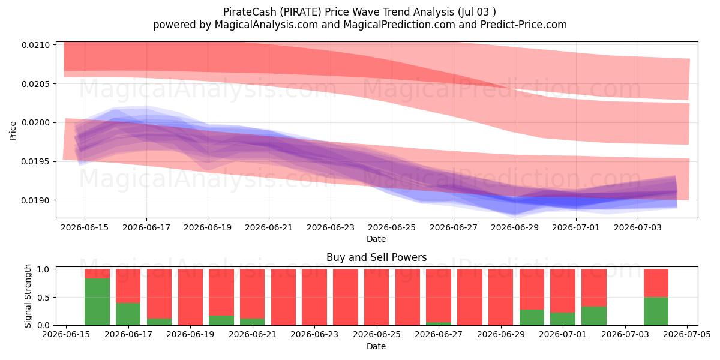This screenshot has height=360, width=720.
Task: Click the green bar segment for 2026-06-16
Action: (97, 302)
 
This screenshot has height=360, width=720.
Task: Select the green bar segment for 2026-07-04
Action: (656, 311)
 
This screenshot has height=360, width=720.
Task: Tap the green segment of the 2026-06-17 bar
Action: (128, 314)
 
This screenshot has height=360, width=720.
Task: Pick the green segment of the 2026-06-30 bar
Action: (532, 317)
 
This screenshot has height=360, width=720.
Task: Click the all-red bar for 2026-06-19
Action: (191, 297)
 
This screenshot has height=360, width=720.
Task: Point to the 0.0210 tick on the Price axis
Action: (36, 46)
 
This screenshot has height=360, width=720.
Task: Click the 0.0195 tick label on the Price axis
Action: (36, 161)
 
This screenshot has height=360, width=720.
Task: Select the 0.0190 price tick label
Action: (36, 200)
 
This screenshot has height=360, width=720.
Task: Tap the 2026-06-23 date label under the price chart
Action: (331, 227)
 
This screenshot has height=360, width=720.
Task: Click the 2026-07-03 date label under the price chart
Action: (638, 227)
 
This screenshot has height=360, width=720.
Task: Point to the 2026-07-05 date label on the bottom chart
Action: (687, 335)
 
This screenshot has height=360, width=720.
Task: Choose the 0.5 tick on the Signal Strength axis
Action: (43, 298)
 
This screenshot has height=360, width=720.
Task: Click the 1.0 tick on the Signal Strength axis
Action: (43, 269)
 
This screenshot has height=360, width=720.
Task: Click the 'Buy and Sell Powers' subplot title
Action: (377, 257)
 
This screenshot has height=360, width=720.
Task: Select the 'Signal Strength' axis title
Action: (28, 296)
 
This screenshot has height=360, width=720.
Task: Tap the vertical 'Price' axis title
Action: (13, 131)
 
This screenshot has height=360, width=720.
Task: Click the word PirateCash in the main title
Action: (250, 12)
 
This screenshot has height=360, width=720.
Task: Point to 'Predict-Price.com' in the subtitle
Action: (524, 25)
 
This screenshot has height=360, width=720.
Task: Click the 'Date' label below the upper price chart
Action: (376, 239)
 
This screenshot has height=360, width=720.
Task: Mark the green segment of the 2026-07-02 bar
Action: (594, 316)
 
